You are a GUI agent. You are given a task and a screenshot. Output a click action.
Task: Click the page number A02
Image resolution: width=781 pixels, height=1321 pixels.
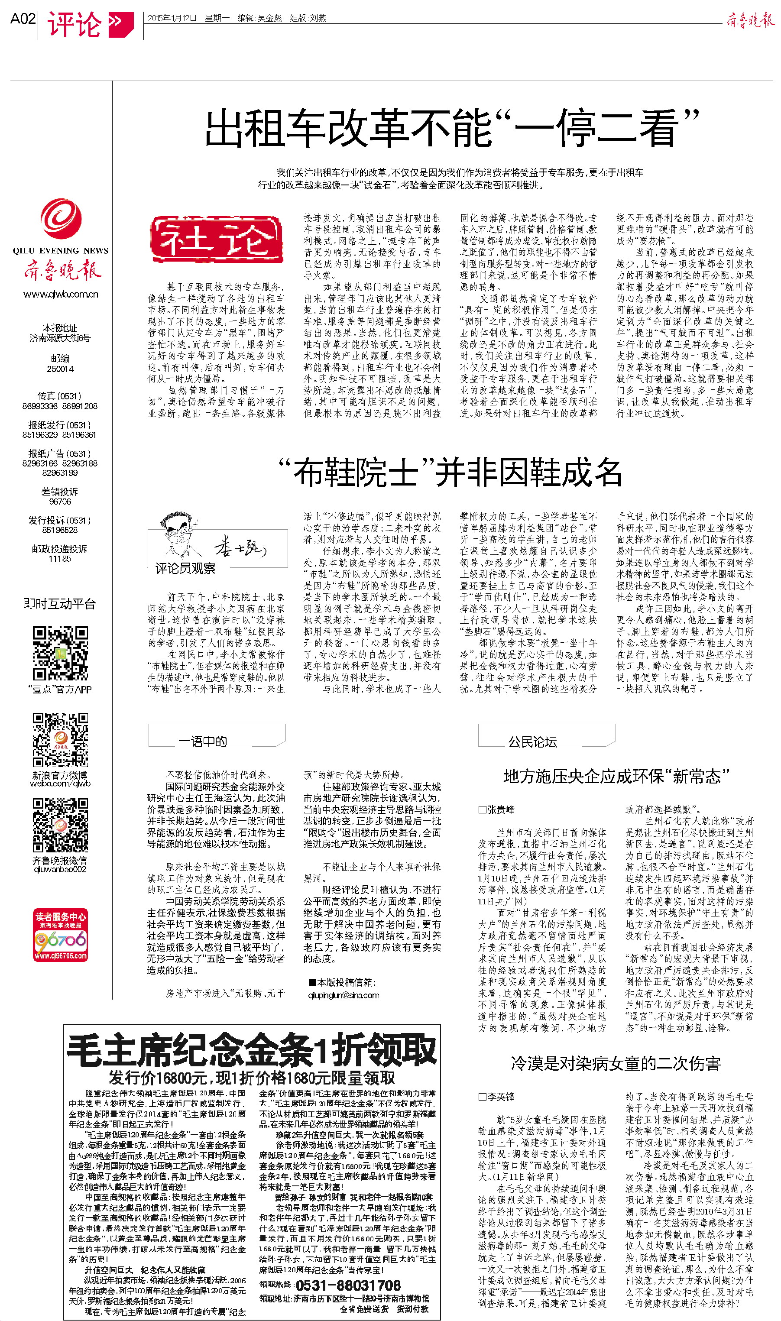(x=23, y=19)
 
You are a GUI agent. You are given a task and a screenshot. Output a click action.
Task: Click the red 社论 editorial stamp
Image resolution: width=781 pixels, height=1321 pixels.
(x=216, y=240)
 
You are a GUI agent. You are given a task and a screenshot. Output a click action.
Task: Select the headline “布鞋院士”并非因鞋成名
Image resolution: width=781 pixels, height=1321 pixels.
(x=450, y=473)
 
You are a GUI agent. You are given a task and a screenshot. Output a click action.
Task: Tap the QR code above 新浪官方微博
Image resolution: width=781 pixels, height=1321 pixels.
(x=60, y=740)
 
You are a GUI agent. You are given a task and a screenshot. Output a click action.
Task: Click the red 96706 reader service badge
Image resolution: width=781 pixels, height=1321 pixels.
(x=60, y=934)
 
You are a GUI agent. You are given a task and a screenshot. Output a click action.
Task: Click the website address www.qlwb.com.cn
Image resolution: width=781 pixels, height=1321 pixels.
(x=61, y=294)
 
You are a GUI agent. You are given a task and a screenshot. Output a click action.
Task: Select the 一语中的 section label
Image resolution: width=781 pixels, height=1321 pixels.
(x=203, y=741)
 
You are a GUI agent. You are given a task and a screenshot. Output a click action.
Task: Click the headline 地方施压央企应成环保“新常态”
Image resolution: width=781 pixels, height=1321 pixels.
(x=616, y=777)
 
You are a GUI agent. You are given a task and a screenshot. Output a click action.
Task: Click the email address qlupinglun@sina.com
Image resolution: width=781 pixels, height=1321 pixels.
(x=344, y=995)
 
